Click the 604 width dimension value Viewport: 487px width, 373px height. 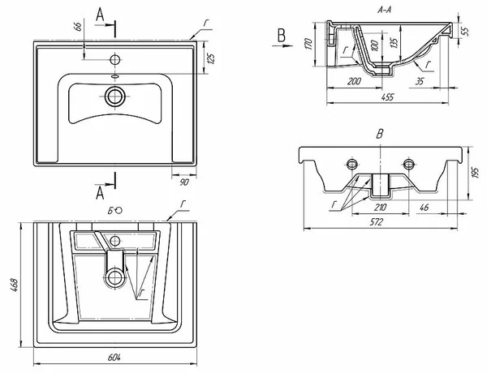(114, 358)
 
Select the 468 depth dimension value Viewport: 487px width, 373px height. (15, 285)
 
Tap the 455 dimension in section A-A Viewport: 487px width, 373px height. (387, 97)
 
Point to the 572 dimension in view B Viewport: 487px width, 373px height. (377, 222)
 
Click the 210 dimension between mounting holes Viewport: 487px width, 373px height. (380, 208)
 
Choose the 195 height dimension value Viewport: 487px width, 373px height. (475, 173)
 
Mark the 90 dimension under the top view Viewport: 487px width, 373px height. (184, 182)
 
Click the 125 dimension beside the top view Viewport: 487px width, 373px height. (211, 58)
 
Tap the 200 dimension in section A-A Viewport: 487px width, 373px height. (354, 82)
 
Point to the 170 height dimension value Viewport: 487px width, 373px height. (308, 44)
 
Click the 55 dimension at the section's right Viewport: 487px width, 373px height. (464, 32)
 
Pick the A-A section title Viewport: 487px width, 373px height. (384, 11)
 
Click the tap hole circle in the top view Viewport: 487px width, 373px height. (115, 59)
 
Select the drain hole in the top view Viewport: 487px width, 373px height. (115, 96)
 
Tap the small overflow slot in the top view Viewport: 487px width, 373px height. (115, 76)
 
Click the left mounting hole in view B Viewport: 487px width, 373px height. (352, 164)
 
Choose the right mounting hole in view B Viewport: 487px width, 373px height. (409, 164)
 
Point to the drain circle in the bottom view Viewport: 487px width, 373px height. (115, 277)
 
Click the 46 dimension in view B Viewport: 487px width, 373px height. (424, 208)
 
